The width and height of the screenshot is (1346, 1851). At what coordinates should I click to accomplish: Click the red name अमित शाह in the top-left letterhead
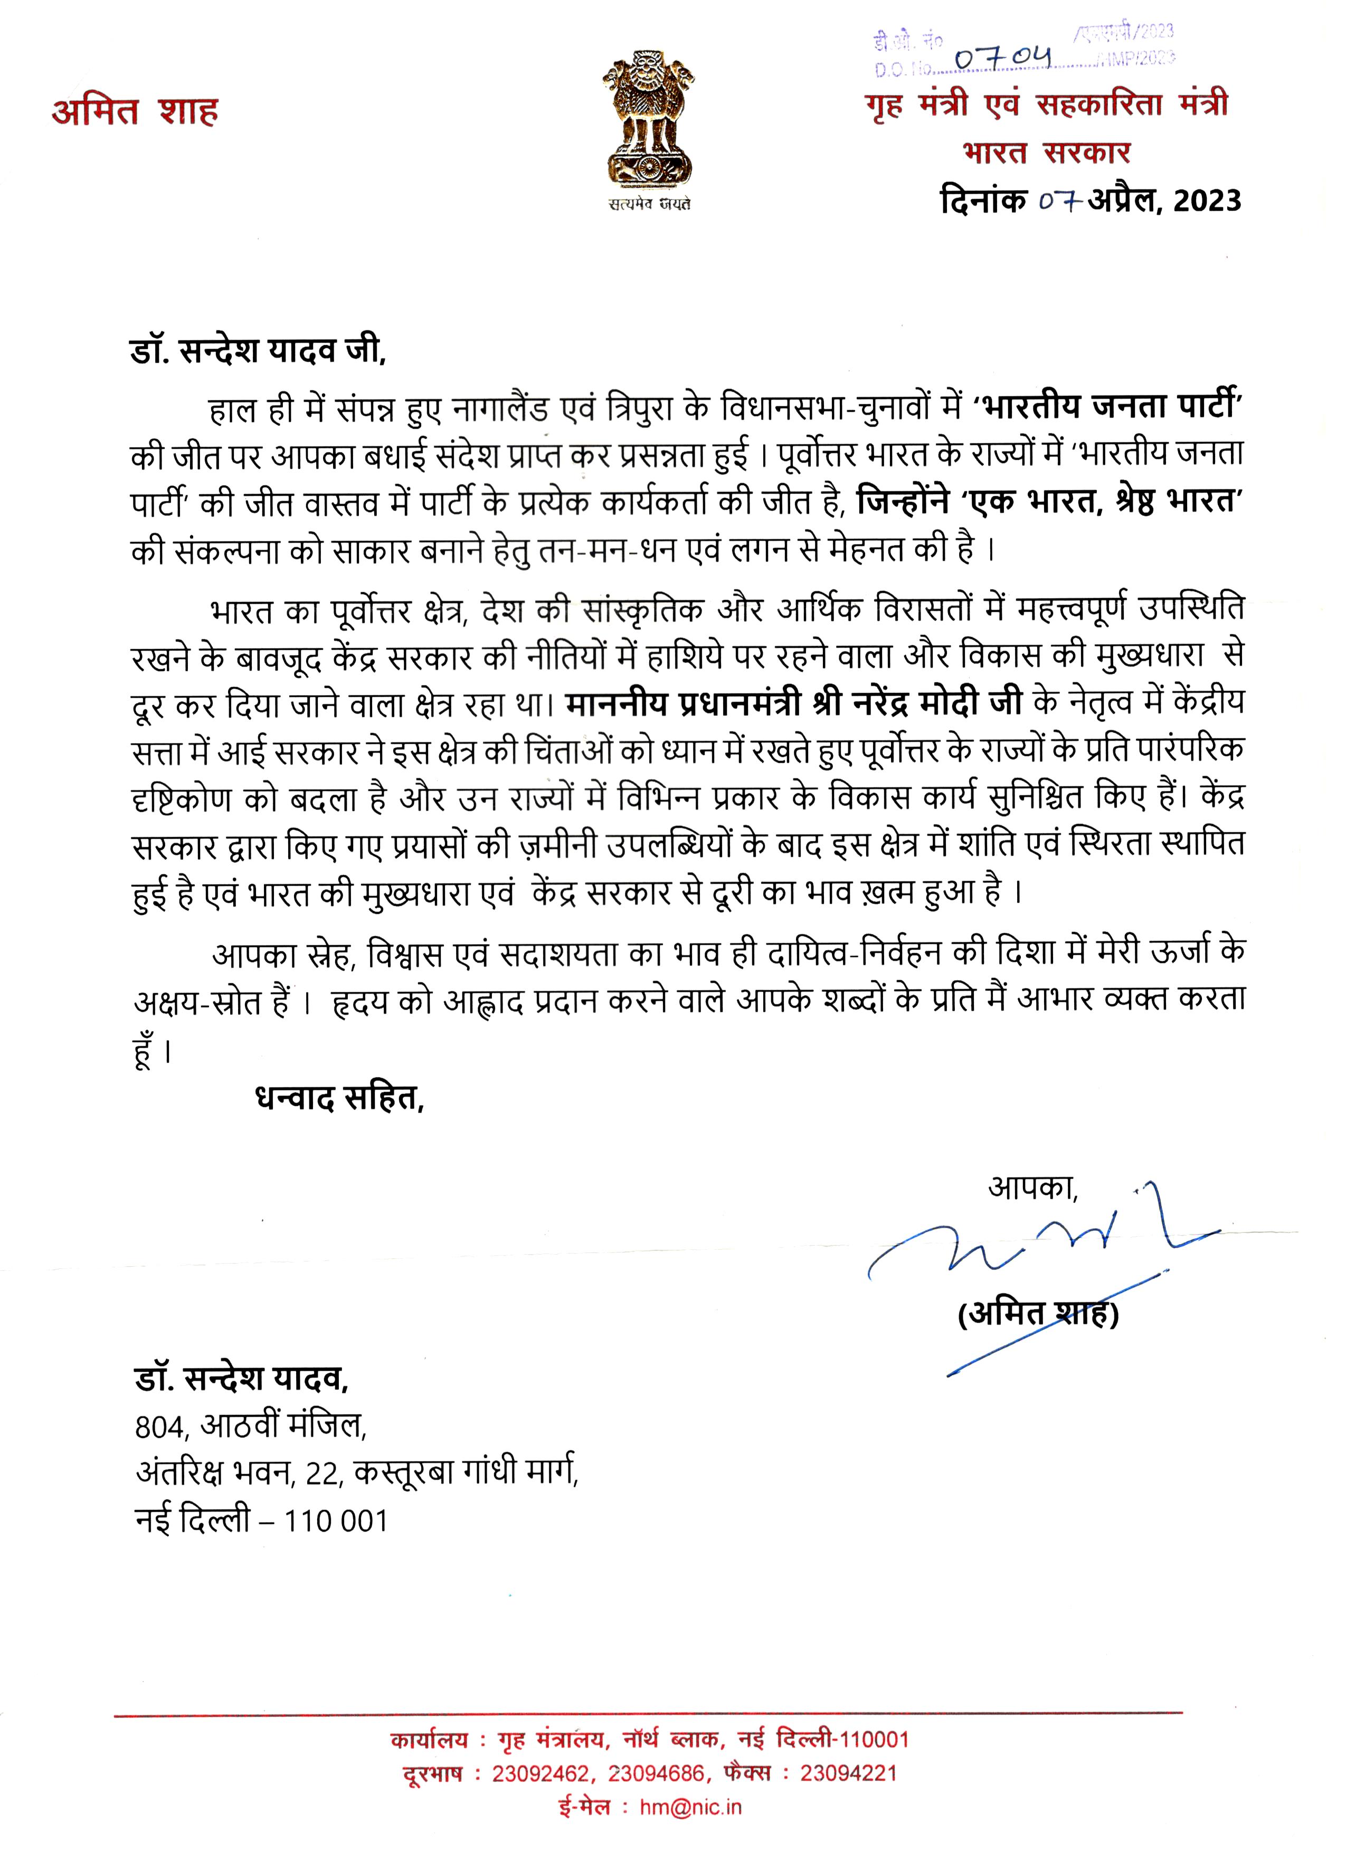click(135, 112)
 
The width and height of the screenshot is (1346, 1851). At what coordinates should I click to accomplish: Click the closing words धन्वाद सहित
click(339, 1099)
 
